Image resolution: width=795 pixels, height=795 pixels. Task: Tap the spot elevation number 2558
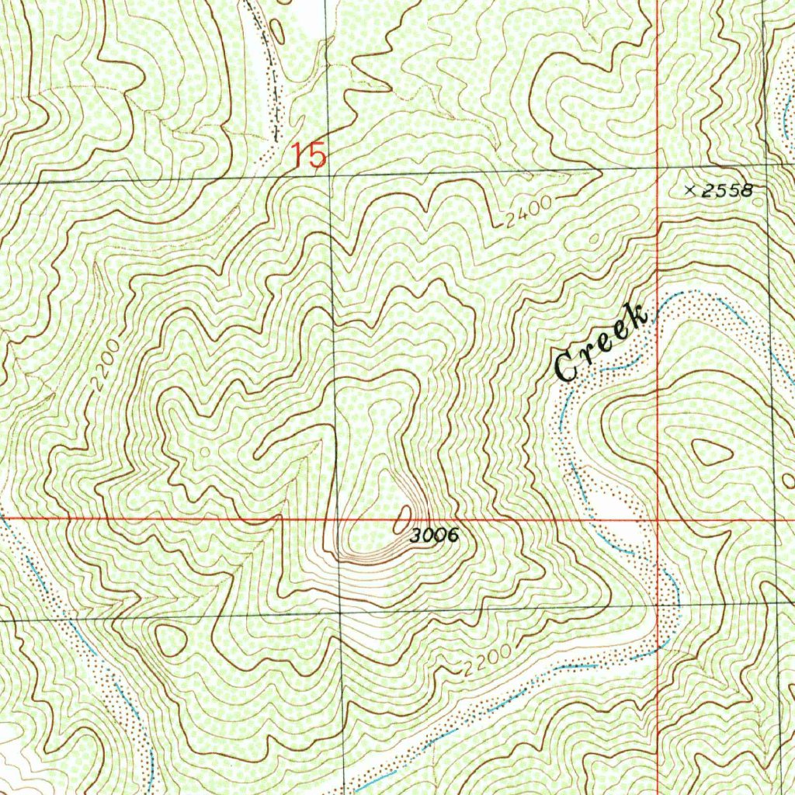[727, 191]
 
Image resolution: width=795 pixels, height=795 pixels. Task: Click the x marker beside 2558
[691, 189]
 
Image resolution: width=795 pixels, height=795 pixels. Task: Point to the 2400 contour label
[526, 211]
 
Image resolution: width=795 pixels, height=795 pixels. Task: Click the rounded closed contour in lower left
[171, 639]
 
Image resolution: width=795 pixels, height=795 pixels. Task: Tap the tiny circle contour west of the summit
[205, 450]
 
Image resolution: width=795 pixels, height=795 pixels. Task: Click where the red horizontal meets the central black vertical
[337, 518]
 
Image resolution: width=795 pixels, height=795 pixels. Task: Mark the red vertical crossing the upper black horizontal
[657, 168]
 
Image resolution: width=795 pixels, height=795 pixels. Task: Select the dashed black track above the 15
[272, 78]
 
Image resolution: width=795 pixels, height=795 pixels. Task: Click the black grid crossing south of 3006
[340, 613]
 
